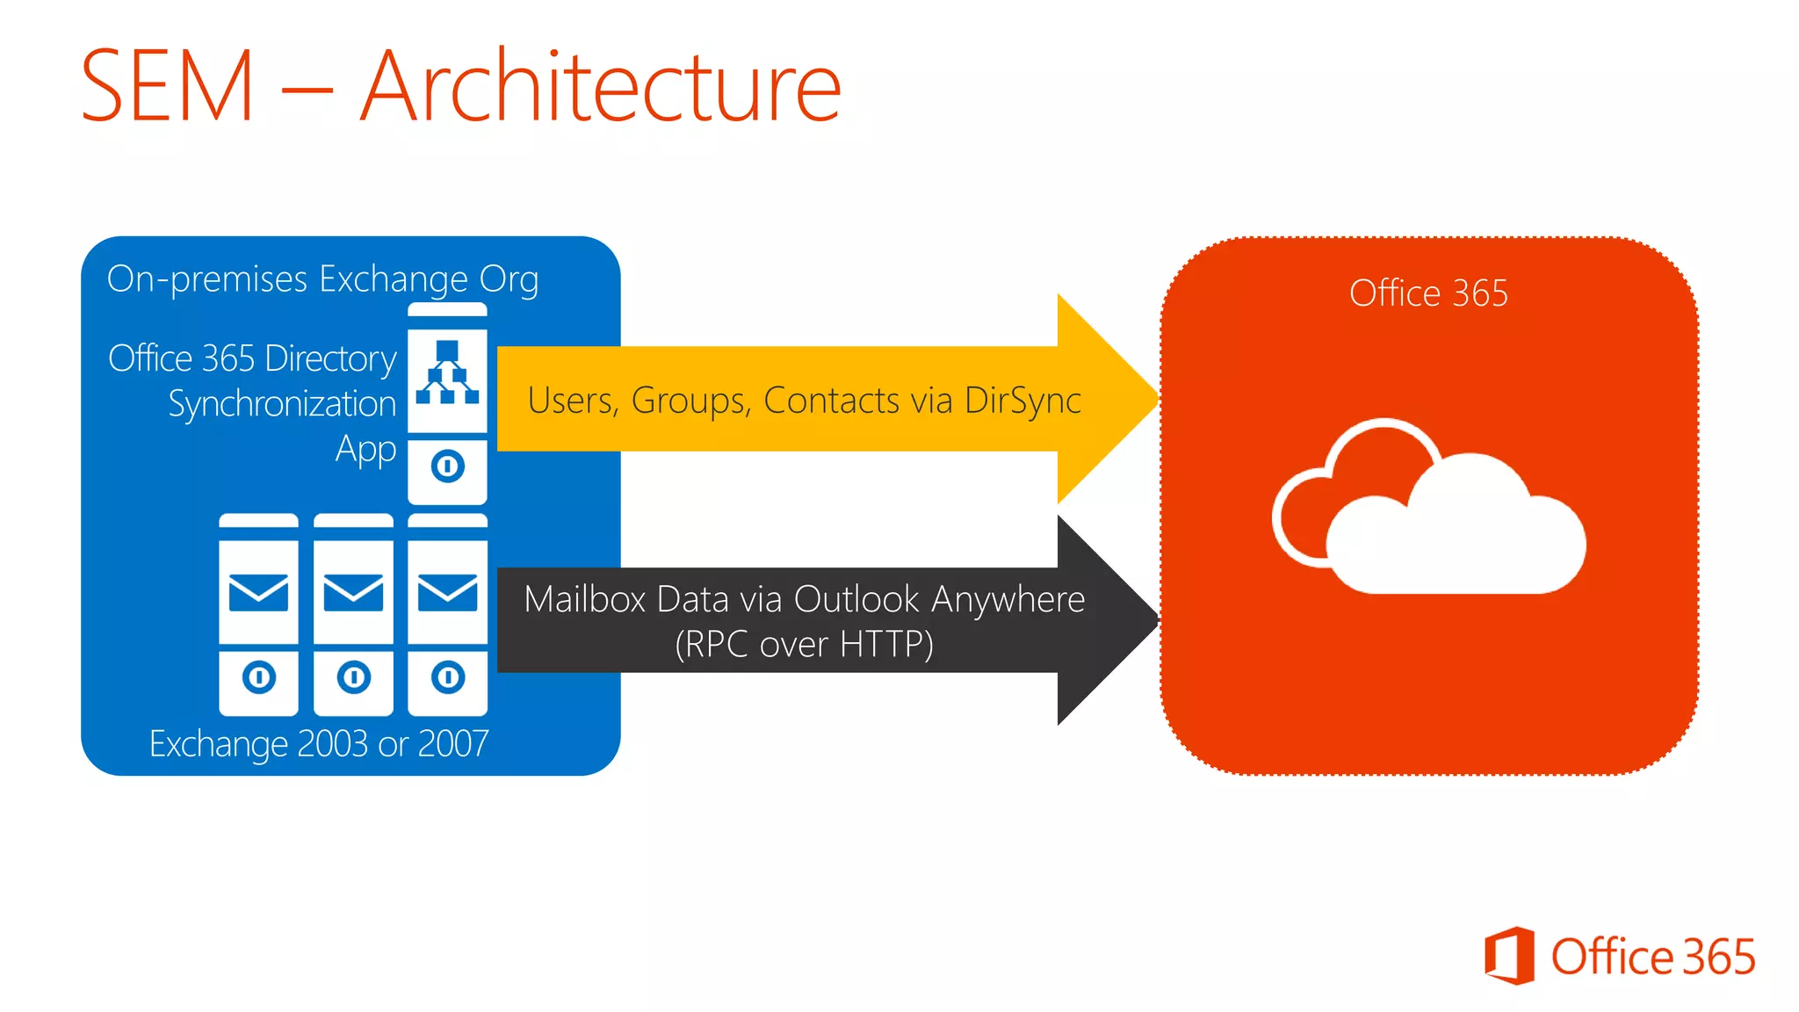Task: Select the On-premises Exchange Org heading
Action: coord(322,279)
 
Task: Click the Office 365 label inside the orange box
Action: coord(1428,293)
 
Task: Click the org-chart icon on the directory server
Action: coord(447,372)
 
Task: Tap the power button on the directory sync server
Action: coord(447,466)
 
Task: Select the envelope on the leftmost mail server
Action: coord(258,593)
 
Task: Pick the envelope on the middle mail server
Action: coord(353,593)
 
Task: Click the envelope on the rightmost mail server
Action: coord(447,593)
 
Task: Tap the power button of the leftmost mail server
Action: coord(259,677)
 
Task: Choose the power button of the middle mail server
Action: coord(354,677)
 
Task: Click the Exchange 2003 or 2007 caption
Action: coord(319,744)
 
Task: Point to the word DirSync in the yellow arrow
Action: coord(1022,401)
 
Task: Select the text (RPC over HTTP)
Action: coord(804,645)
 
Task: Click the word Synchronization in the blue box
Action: coord(282,404)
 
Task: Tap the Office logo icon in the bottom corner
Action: coord(1509,955)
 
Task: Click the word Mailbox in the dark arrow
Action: coord(583,600)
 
